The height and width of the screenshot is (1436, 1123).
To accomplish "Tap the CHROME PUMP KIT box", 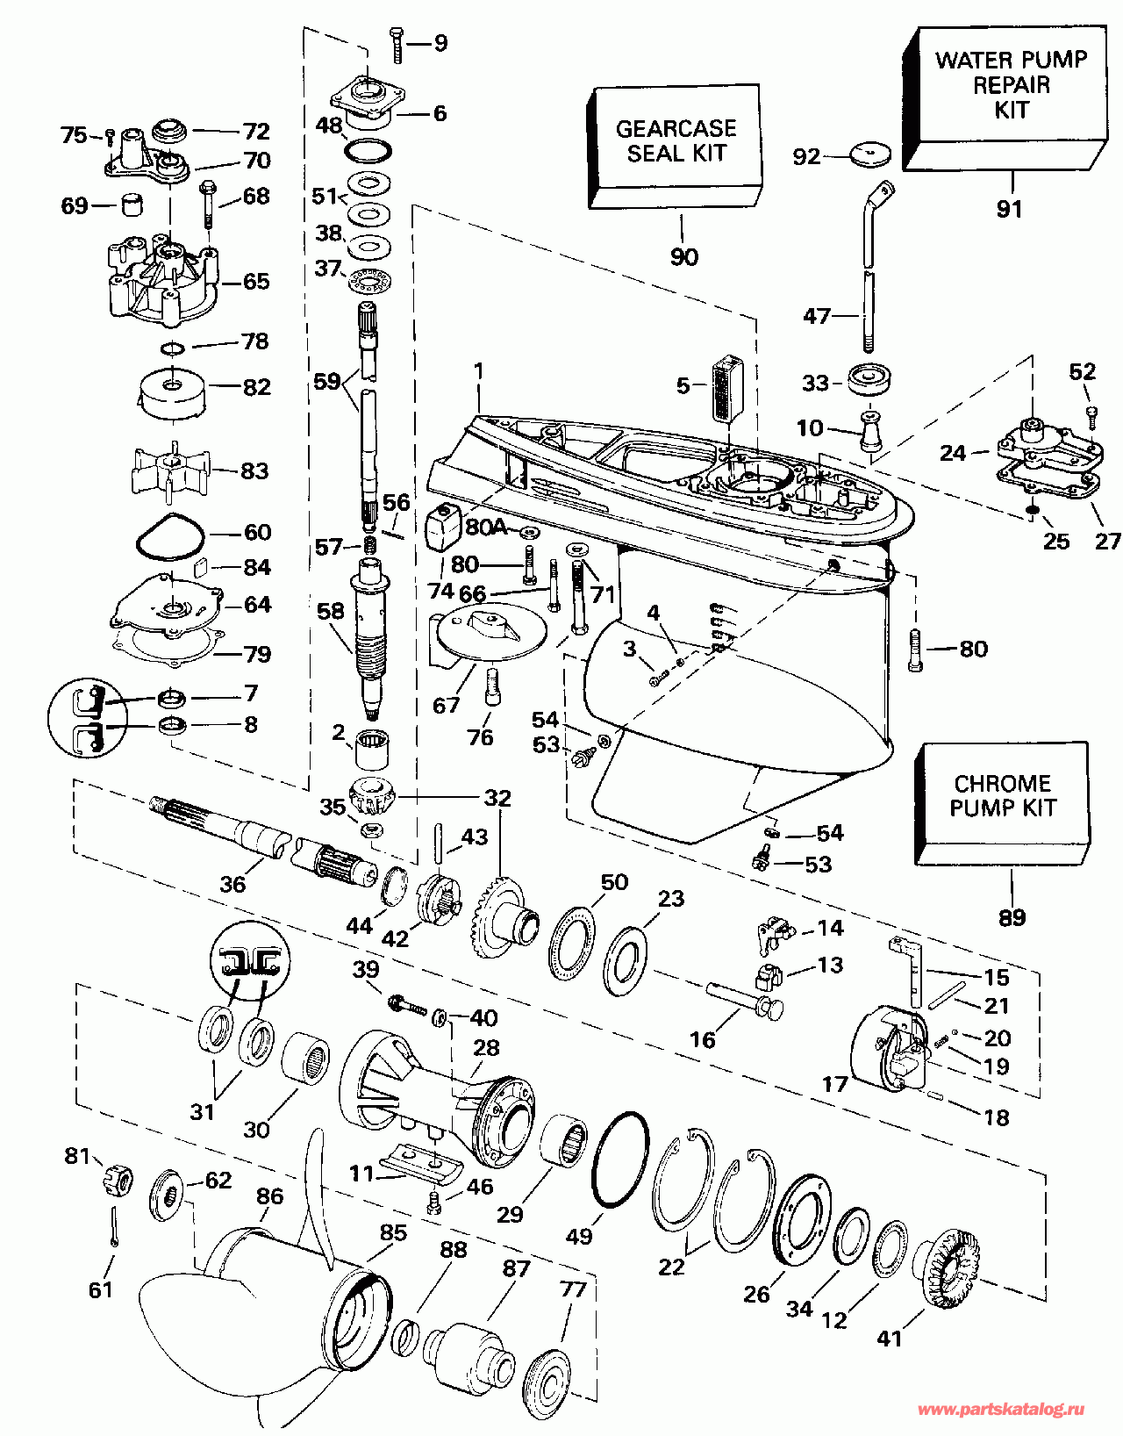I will (1003, 798).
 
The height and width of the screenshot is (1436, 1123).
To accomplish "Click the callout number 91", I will (1010, 209).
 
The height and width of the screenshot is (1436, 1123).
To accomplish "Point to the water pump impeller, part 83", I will (167, 470).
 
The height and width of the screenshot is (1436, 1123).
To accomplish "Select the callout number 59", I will (326, 383).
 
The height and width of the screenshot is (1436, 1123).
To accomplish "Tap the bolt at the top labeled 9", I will (395, 44).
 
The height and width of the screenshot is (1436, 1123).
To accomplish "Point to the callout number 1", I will (479, 371).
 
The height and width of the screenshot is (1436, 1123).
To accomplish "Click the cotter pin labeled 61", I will (115, 1225).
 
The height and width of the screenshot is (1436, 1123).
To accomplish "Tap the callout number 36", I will (232, 884).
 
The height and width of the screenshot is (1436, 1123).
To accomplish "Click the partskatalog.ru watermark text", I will (1000, 1410).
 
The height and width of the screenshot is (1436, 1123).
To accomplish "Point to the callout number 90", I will (684, 257).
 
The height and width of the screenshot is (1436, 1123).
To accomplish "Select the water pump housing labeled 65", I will (162, 276).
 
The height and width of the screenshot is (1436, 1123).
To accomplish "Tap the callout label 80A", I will (486, 528).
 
